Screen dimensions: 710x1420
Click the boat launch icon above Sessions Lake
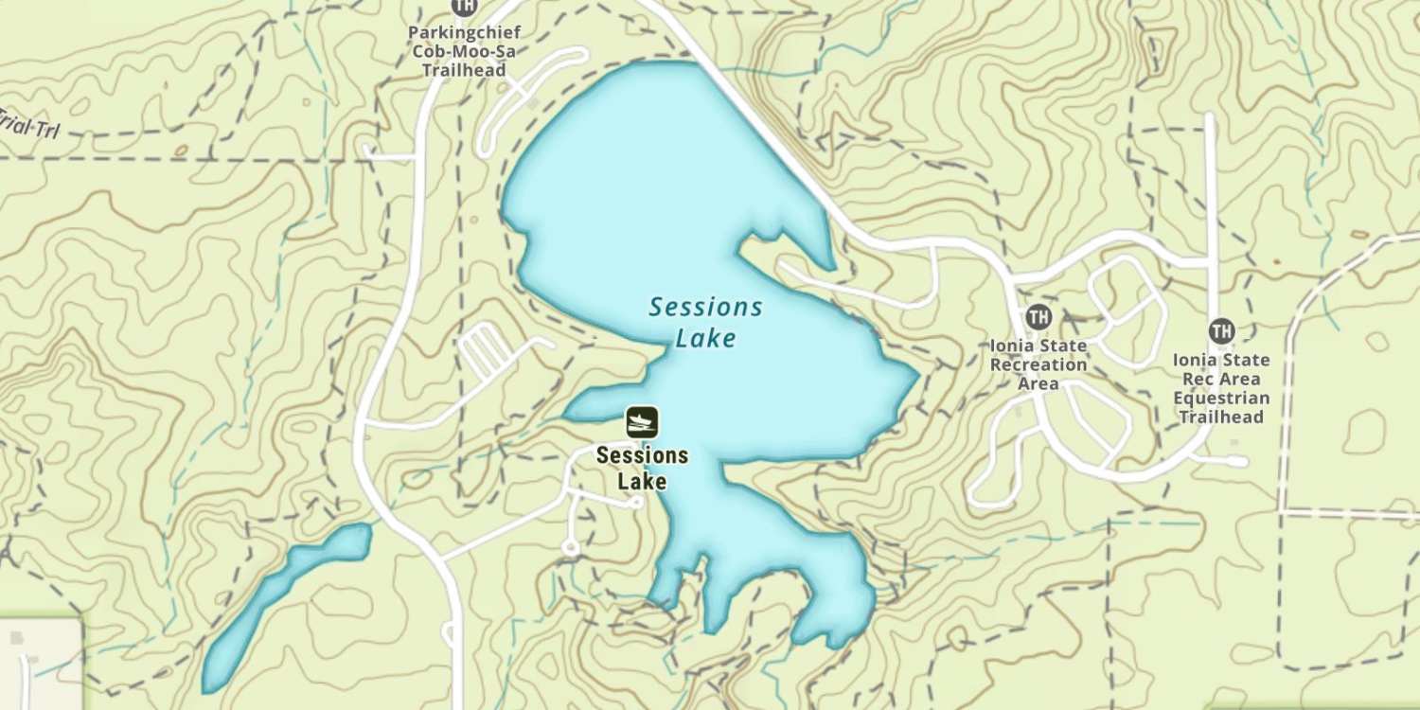tap(642, 422)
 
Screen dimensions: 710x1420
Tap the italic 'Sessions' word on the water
tap(705, 307)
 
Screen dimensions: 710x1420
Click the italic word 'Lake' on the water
tap(705, 338)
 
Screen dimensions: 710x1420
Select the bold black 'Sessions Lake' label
tap(642, 468)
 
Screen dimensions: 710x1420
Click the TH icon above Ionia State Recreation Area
tap(1038, 316)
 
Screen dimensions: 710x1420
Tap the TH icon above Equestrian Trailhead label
tap(1221, 330)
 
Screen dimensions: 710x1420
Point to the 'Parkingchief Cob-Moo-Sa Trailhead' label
tap(464, 51)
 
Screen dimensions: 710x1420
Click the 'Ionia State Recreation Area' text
tap(1038, 364)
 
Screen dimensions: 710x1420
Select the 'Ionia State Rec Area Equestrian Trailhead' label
tap(1220, 388)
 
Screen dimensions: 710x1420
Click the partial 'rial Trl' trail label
tap(28, 124)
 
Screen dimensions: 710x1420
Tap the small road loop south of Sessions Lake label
tap(570, 547)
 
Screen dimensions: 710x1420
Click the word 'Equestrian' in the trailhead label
tap(1220, 398)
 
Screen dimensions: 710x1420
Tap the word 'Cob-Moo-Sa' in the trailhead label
tap(464, 51)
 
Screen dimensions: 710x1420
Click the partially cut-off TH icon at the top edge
tap(464, 6)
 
